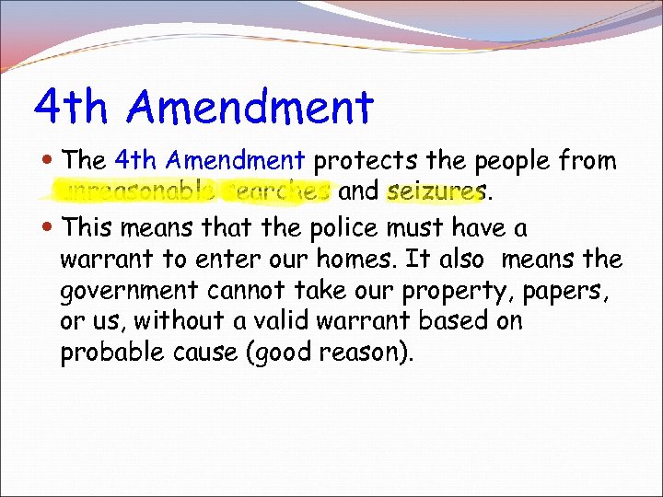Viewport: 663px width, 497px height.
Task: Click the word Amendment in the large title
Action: [251, 107]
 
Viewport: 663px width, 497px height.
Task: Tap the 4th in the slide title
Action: [72, 107]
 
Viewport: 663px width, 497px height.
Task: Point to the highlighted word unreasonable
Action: [138, 192]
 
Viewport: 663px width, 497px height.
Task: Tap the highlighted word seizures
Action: [436, 192]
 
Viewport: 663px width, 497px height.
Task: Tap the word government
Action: [129, 292]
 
